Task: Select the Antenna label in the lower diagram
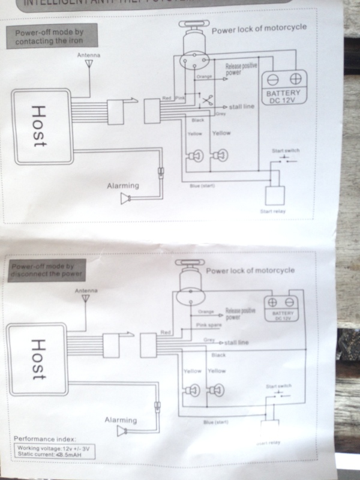(x=86, y=289)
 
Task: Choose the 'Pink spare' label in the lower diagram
(x=209, y=324)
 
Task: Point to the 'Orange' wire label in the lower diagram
(x=206, y=312)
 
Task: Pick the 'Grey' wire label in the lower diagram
(x=209, y=340)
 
